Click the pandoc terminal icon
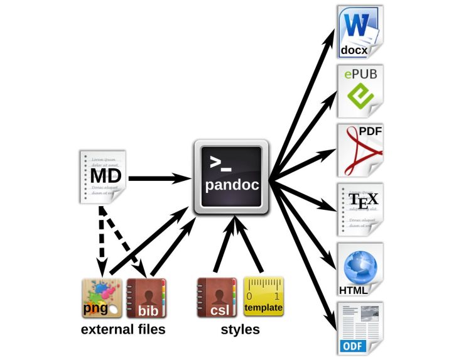232,177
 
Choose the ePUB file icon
359,91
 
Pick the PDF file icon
360,151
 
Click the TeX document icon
359,209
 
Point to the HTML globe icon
359,268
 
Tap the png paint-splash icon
102,298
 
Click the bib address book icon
146,298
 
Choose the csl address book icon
217,298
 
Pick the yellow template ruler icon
263,298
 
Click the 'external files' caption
123,329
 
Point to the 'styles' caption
239,329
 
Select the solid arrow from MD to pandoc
160,178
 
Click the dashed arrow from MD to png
100,242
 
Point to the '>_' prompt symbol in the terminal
220,165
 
